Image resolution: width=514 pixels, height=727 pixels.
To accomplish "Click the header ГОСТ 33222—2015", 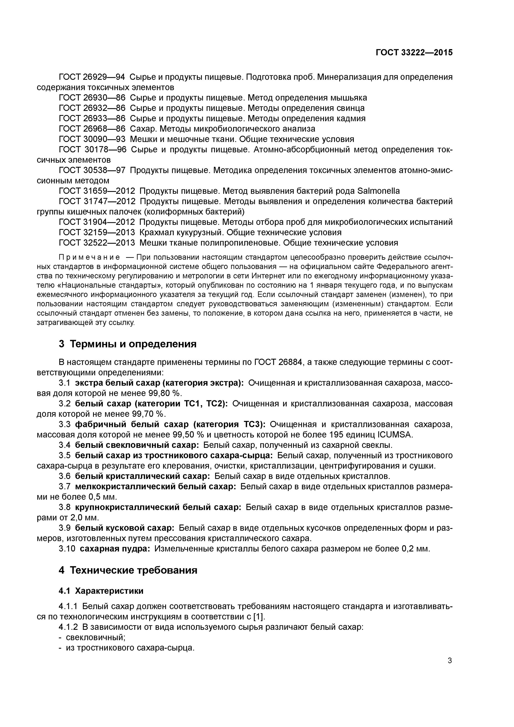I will (x=414, y=53).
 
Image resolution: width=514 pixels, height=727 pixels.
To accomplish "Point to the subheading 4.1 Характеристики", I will (x=101, y=591).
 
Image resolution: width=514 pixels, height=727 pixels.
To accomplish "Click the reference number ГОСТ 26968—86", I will (x=92, y=129).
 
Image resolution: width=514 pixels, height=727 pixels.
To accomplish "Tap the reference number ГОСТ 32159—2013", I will (x=97, y=232).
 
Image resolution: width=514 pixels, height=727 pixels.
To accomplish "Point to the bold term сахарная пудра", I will (x=115, y=549).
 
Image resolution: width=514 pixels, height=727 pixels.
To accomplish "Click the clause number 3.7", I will (x=64, y=487).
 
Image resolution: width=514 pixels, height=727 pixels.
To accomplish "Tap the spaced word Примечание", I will (x=90, y=257).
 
